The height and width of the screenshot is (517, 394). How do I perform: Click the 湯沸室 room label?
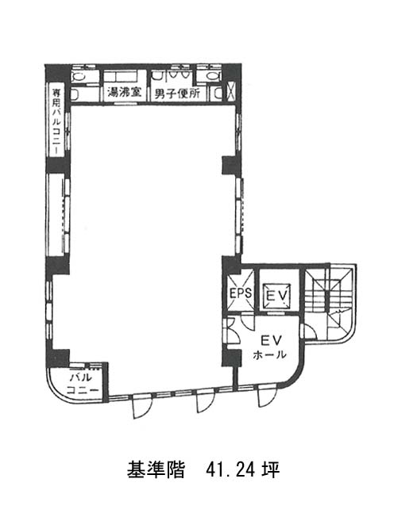(124, 93)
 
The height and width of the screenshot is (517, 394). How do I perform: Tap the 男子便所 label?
(177, 94)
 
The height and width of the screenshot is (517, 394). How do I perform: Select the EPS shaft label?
(241, 293)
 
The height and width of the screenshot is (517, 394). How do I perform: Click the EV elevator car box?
(276, 295)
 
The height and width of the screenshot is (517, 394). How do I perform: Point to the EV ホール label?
(269, 347)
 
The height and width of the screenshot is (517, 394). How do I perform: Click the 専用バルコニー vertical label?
(57, 121)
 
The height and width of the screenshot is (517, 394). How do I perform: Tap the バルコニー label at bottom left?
(83, 384)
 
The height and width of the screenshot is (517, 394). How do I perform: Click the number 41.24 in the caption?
(230, 470)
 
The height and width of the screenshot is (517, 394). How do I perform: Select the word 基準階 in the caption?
(156, 470)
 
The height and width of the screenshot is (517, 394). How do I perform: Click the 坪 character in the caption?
(271, 470)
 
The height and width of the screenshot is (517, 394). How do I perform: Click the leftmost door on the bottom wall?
(141, 405)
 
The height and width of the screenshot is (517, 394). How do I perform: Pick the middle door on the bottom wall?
(206, 400)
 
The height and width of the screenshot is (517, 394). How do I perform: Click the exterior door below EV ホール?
(267, 395)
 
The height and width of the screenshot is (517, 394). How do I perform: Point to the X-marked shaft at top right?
(230, 91)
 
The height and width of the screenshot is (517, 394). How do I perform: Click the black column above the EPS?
(231, 266)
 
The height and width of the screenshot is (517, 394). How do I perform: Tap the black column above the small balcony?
(58, 358)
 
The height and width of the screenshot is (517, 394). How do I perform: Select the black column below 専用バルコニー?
(58, 165)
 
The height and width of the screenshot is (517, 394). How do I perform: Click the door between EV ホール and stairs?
(310, 331)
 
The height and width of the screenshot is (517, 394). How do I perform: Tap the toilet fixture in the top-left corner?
(79, 77)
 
